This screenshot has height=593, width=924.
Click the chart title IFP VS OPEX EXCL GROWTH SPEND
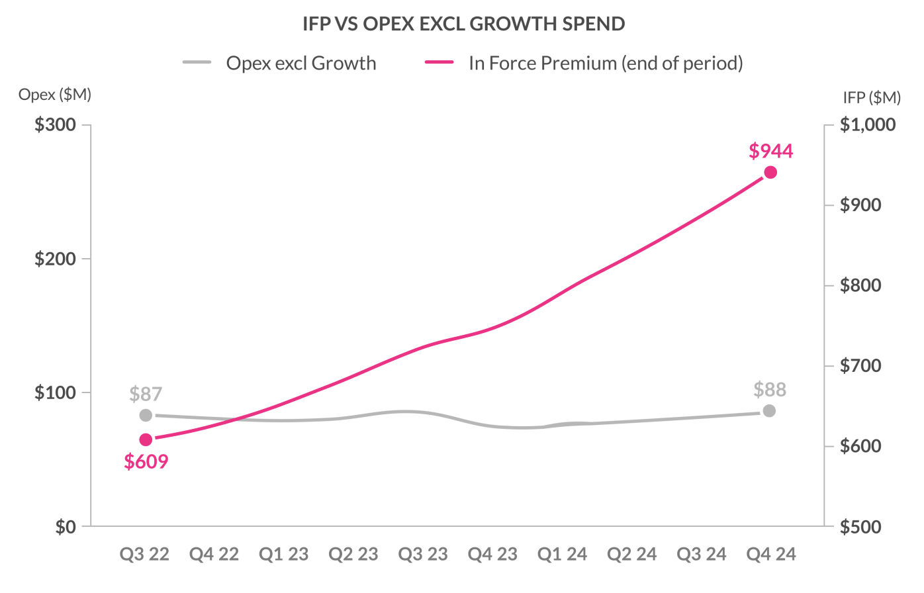pyautogui.click(x=463, y=24)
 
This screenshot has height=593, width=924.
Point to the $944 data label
pyautogui.click(x=771, y=151)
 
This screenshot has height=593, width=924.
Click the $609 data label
pyautogui.click(x=146, y=461)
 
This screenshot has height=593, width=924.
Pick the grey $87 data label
pyautogui.click(x=146, y=394)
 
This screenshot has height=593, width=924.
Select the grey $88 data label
pyautogui.click(x=770, y=389)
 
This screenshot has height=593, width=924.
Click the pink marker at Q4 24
pyautogui.click(x=770, y=173)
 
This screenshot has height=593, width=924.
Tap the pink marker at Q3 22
pyautogui.click(x=146, y=440)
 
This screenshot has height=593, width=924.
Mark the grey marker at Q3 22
pyautogui.click(x=146, y=416)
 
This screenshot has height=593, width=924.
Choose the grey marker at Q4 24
pyautogui.click(x=769, y=411)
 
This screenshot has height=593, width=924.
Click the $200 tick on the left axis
pyautogui.click(x=55, y=259)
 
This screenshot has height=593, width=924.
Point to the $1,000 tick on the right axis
pyautogui.click(x=868, y=124)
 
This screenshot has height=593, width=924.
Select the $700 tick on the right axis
pyautogui.click(x=860, y=365)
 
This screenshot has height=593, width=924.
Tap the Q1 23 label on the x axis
pyautogui.click(x=284, y=554)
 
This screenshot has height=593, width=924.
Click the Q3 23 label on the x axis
pyautogui.click(x=423, y=554)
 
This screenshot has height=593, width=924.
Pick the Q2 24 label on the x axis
pyautogui.click(x=632, y=554)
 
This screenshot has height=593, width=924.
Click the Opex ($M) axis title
pyautogui.click(x=55, y=95)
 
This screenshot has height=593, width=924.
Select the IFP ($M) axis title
pyautogui.click(x=872, y=98)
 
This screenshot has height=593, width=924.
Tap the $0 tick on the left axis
pyautogui.click(x=66, y=527)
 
